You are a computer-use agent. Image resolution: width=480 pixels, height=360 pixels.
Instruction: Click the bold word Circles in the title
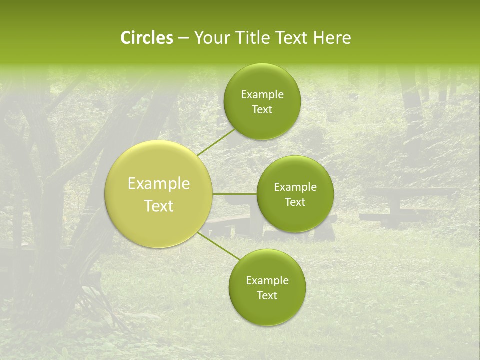(146, 38)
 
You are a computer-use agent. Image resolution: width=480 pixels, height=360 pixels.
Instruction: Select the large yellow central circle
(158, 220)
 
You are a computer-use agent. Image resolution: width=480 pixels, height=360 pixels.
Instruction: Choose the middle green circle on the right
(295, 215)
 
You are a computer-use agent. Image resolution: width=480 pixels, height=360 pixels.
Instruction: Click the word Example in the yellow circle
(159, 184)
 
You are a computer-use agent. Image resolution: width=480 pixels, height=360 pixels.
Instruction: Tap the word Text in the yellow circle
(159, 206)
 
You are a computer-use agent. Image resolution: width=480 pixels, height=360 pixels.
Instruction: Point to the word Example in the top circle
(262, 95)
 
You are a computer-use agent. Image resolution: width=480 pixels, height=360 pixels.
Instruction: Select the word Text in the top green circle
(262, 110)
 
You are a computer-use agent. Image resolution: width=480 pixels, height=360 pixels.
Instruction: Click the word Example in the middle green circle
(295, 187)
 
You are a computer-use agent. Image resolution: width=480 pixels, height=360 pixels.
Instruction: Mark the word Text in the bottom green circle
(267, 296)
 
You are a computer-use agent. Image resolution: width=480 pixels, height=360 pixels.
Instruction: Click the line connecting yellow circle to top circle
(216, 142)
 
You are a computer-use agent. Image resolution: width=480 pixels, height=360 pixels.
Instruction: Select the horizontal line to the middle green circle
(234, 194)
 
